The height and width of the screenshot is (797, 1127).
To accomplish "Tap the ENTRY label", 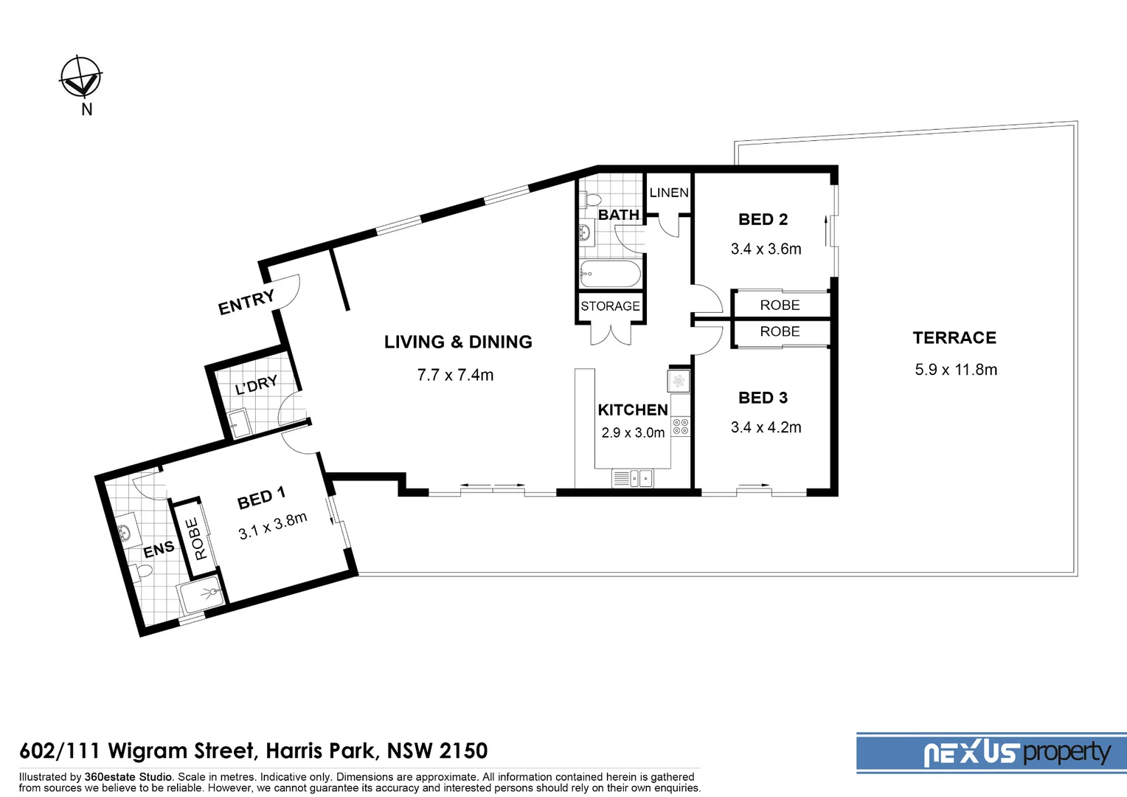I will (246, 302).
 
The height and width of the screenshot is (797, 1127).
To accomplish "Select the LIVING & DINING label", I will (458, 342).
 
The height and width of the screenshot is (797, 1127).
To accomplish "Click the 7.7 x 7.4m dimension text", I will (455, 375).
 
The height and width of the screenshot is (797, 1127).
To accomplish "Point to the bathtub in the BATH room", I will (610, 274).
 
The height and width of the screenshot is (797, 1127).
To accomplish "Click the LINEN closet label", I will (669, 193).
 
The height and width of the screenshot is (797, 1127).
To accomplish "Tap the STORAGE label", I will (610, 306).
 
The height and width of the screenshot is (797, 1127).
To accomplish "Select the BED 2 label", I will (763, 219).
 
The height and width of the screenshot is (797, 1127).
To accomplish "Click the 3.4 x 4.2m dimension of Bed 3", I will (766, 427).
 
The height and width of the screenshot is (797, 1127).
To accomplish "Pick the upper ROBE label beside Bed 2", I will (780, 305).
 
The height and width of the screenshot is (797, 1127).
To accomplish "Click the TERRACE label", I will (954, 338).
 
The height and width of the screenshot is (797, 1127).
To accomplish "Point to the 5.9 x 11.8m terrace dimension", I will (956, 370).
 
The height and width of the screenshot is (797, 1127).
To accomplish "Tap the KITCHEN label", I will (633, 410).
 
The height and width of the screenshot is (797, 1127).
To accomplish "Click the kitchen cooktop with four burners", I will (680, 427).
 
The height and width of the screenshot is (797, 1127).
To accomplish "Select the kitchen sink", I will (633, 479).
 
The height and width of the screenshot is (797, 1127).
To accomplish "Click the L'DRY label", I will (256, 385).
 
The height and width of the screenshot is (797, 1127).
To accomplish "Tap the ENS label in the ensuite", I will (159, 550).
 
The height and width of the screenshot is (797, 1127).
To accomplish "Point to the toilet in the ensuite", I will (143, 572).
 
